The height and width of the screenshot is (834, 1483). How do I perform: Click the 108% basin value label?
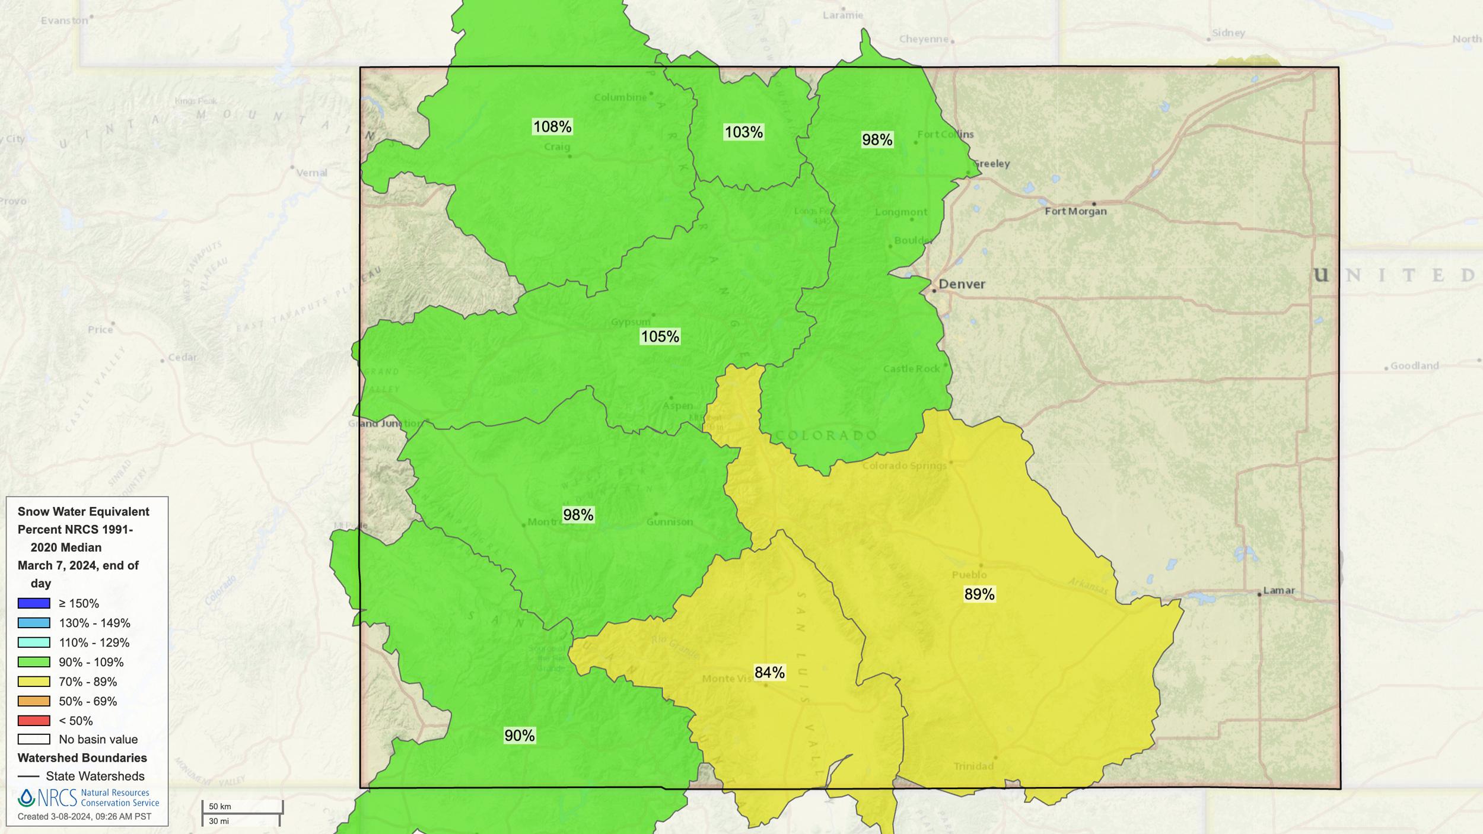tap(552, 126)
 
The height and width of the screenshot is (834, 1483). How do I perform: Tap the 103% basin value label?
tap(743, 132)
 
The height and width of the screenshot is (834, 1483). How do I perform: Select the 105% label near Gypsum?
tap(660, 336)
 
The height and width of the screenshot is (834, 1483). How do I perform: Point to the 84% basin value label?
tap(769, 672)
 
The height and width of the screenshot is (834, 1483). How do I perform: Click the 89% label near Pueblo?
tap(979, 594)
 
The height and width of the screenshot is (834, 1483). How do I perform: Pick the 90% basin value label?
tap(519, 736)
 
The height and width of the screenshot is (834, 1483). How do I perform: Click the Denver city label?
tap(962, 284)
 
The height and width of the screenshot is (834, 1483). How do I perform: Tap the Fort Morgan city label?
tap(1075, 211)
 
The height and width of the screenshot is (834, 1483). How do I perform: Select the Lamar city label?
tap(1279, 590)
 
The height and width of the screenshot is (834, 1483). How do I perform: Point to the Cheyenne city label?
tap(924, 39)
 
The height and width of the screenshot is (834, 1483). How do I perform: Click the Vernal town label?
tap(311, 173)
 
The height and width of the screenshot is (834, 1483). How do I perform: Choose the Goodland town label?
tap(1414, 365)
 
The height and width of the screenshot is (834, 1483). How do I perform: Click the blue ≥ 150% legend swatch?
tap(34, 603)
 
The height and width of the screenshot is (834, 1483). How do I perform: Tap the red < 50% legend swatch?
tap(34, 721)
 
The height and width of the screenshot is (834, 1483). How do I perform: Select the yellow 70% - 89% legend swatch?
tap(34, 682)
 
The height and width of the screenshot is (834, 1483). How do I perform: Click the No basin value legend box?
tap(34, 739)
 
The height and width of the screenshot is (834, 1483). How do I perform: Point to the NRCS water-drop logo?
tap(26, 798)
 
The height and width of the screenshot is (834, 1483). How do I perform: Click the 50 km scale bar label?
tap(220, 807)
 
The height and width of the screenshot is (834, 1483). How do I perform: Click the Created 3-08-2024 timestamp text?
tap(84, 816)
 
